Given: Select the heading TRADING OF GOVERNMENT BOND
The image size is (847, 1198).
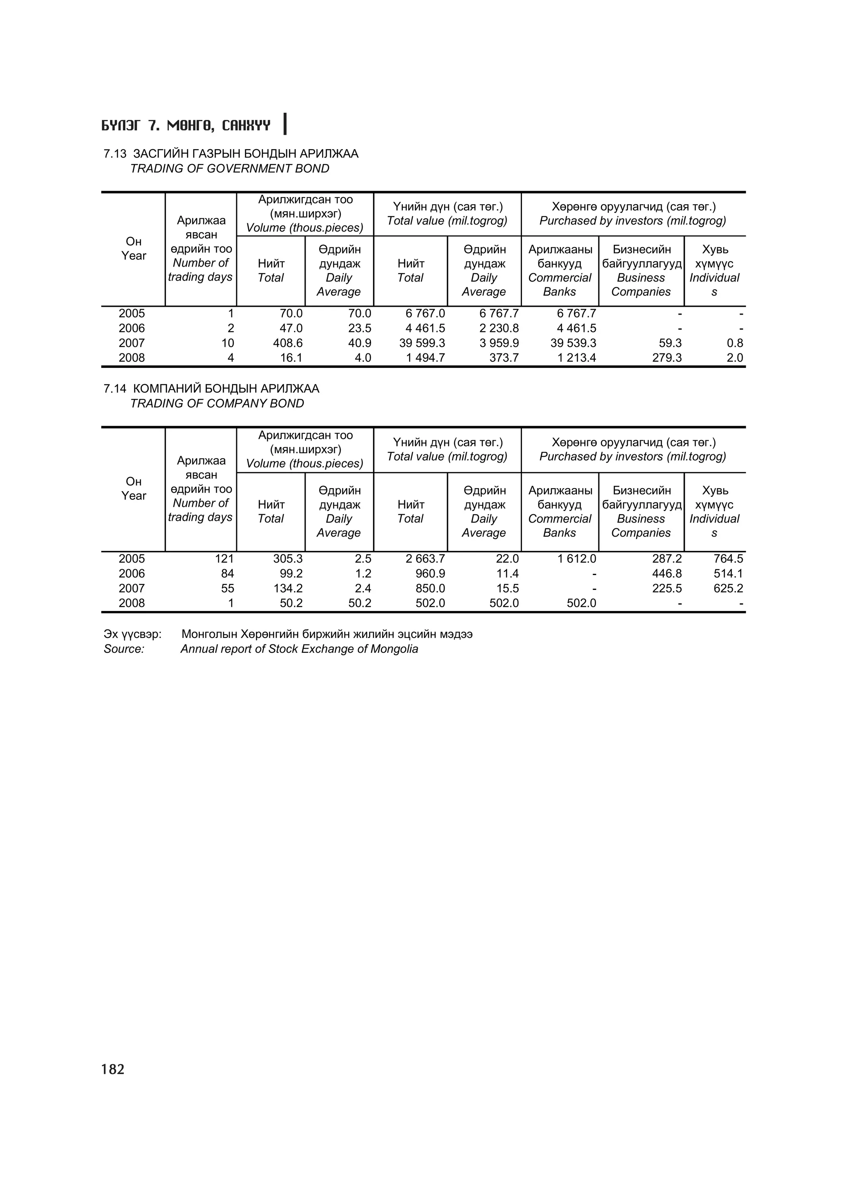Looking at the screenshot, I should pos(230,169).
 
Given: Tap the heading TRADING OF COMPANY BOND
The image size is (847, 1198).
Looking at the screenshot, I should pos(217,403).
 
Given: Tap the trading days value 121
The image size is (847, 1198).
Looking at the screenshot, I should pos(225,559).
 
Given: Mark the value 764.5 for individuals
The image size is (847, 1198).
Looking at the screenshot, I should pos(728,559).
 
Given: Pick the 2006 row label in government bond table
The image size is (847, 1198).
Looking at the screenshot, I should pos(132,328).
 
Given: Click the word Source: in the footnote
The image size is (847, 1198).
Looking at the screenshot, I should pos(124,649).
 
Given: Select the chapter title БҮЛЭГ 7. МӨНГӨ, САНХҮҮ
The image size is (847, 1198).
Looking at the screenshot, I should pos(186,126).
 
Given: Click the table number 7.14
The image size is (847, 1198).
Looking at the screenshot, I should pos(115,389).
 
